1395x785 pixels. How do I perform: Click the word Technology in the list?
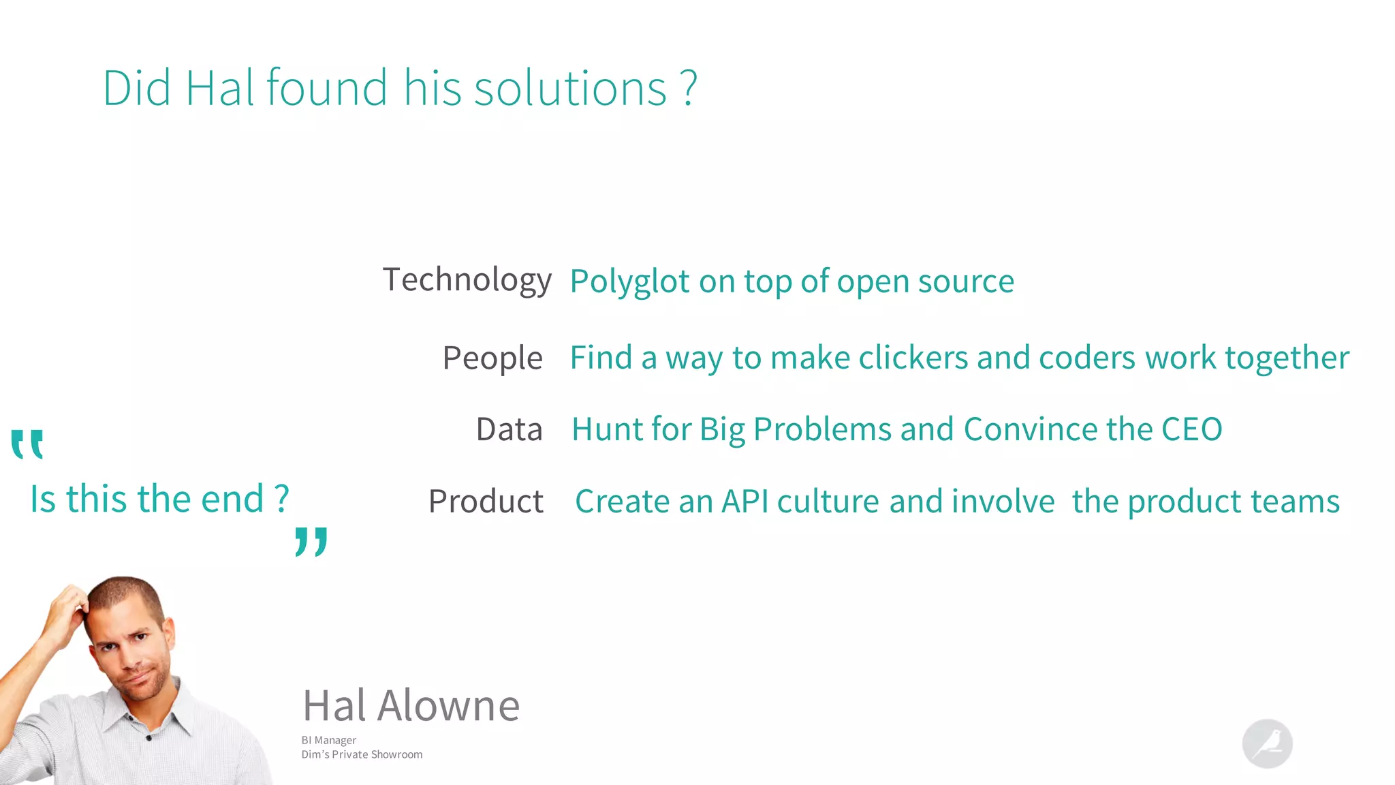467,280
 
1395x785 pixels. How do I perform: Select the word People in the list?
492,358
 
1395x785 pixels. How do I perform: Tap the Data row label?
509,430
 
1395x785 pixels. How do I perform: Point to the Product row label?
486,502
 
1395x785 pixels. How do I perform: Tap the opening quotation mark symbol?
27,444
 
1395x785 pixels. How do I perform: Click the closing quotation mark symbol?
311,542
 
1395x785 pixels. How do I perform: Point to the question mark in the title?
689,89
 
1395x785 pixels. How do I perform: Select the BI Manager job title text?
328,740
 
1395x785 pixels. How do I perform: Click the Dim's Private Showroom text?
362,754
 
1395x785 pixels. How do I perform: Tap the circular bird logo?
1267,743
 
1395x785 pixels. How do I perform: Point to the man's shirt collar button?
148,738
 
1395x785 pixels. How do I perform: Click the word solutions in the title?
569,89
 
